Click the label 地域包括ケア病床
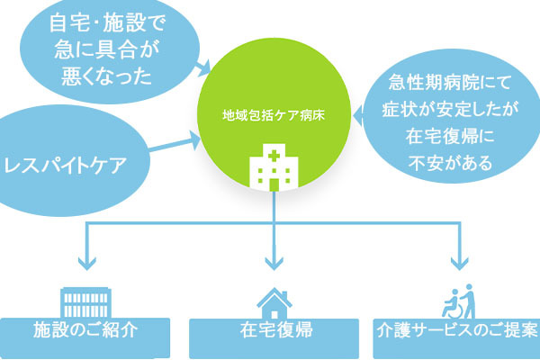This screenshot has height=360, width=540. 273,116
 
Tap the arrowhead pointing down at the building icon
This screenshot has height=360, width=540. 87,264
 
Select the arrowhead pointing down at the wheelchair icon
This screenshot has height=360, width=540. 460,264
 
